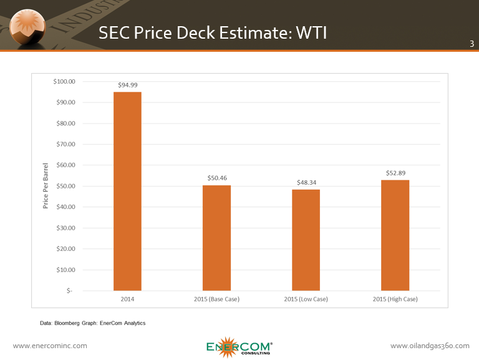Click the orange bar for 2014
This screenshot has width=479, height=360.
(x=127, y=191)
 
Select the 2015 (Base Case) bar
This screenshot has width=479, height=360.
(x=216, y=238)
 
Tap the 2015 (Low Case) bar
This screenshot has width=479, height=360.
(x=306, y=240)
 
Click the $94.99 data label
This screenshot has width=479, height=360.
(x=127, y=85)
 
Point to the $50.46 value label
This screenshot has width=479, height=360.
(x=217, y=178)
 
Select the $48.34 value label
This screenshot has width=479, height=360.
(x=306, y=182)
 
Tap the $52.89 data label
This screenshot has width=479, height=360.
(x=395, y=173)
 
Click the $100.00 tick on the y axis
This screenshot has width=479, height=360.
(x=64, y=82)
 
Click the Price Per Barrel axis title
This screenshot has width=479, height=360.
(x=46, y=186)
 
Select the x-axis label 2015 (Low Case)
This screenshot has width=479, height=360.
(x=306, y=299)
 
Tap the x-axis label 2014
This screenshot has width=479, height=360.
(x=127, y=299)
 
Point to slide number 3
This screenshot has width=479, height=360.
(x=471, y=44)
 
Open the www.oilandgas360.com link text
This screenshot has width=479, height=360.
(x=429, y=346)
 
